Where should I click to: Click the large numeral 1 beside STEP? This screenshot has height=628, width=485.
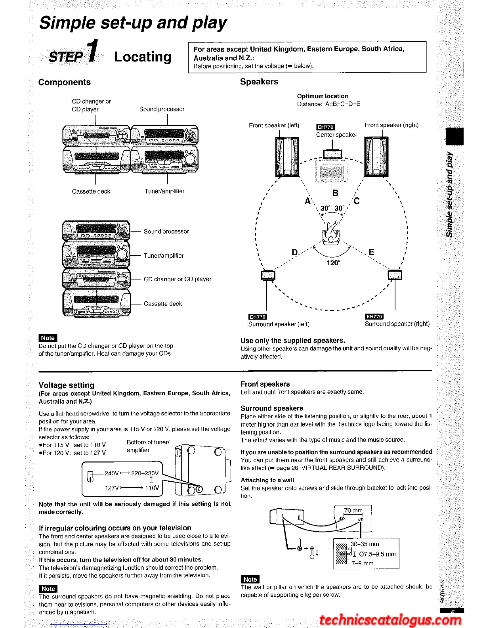click(x=92, y=52)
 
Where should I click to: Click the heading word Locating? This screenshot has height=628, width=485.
click(x=143, y=57)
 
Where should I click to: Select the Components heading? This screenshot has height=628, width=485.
click(x=65, y=82)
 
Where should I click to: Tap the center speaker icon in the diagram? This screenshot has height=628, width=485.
click(x=332, y=154)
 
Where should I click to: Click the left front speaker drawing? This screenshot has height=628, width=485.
click(x=287, y=157)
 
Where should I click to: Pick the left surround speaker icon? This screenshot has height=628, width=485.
click(x=268, y=275)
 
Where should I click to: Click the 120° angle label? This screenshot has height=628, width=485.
click(x=333, y=263)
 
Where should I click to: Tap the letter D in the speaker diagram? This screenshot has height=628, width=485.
click(x=295, y=253)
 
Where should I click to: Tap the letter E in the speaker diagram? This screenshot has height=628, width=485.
click(x=371, y=252)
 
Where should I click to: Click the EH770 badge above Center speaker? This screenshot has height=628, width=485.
click(x=325, y=127)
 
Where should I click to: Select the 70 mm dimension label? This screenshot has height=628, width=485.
click(x=353, y=510)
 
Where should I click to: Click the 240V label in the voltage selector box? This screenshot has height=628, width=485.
click(x=111, y=473)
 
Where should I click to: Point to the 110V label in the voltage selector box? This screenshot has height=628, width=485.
click(x=152, y=488)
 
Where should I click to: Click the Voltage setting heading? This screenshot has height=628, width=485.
click(x=67, y=385)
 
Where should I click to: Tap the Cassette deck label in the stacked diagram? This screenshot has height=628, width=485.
click(x=163, y=304)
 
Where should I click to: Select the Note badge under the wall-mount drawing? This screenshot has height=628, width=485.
click(x=250, y=579)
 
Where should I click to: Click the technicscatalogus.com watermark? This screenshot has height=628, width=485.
click(x=390, y=620)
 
